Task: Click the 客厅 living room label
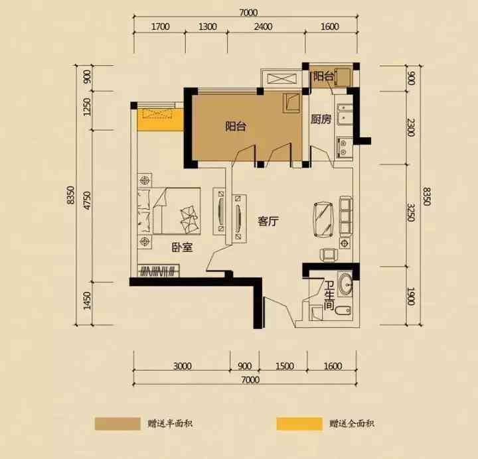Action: pos(268,222)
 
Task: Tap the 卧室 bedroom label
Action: pos(183,247)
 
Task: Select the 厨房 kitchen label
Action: pos(321,119)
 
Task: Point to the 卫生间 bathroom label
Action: pos(329,295)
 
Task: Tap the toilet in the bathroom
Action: pos(343,310)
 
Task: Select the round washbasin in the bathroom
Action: pos(346,285)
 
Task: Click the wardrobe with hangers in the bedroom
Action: pos(158,271)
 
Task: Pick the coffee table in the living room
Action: pos(323,220)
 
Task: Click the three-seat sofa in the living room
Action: pos(346,216)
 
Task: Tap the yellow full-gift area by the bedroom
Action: pos(161,119)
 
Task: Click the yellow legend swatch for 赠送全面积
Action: pos(299,424)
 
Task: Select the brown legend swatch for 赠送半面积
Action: pos(118,424)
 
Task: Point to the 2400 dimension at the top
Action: pos(264,27)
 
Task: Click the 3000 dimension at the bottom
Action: pos(183,365)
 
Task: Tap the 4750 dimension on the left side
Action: pos(87,200)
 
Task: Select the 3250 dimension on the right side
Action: pos(411,212)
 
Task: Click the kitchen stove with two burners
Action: pos(344,148)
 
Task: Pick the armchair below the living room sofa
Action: pos(329,255)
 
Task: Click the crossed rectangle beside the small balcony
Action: pos(281,78)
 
